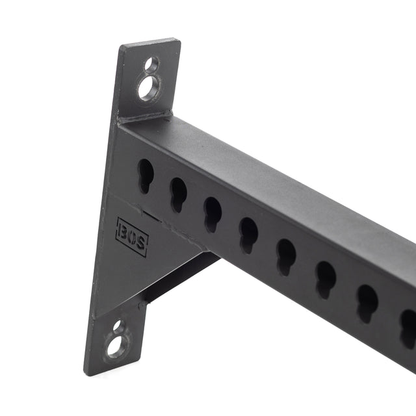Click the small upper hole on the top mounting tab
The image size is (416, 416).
click(x=151, y=65)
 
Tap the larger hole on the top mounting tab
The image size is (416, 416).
click(x=149, y=86)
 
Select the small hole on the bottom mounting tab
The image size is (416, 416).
click(x=117, y=326)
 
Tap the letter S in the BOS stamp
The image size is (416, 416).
click(x=141, y=244)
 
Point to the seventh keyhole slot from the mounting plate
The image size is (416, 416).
click(x=367, y=301)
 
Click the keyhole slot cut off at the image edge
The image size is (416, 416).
click(x=408, y=325)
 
